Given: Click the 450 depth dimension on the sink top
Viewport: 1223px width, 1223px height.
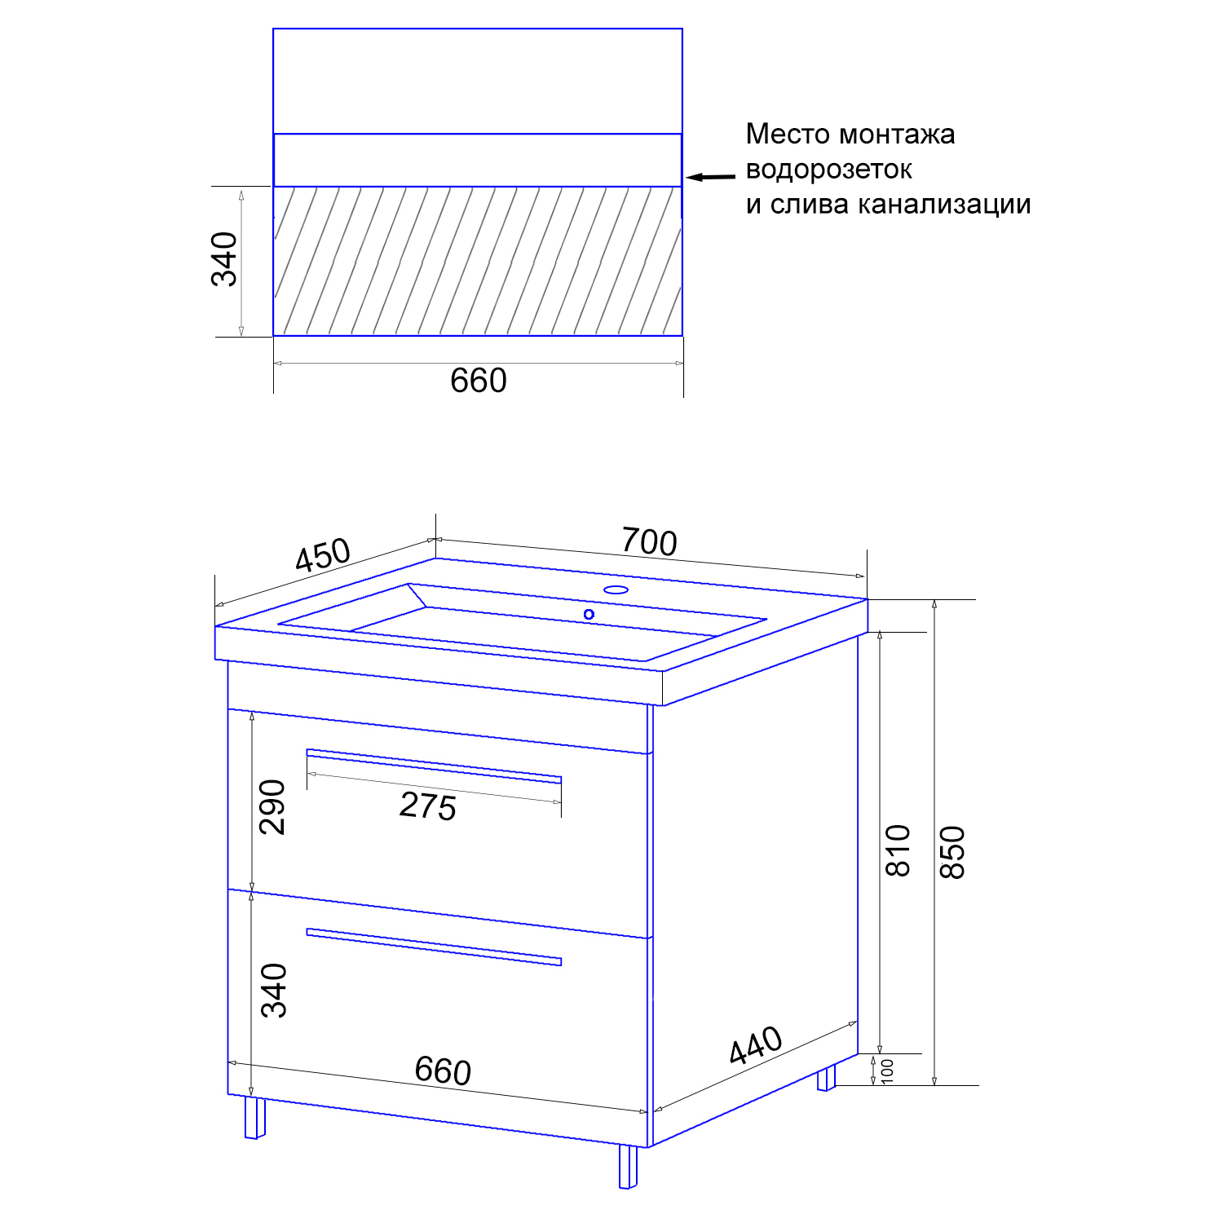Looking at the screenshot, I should [x=323, y=556].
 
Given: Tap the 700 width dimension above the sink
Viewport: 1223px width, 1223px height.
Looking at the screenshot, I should [x=649, y=541].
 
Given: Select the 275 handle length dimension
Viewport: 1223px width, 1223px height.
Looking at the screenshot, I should [x=428, y=806].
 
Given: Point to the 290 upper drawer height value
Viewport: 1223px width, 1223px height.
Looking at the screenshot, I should [x=273, y=806].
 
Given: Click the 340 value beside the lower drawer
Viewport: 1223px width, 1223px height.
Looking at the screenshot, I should [x=275, y=991].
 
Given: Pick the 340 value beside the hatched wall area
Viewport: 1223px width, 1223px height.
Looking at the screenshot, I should [x=225, y=259].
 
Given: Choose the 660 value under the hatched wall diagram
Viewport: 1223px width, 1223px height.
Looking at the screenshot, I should [x=479, y=381].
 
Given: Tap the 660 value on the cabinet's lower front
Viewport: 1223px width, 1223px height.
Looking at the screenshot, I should [x=443, y=1071].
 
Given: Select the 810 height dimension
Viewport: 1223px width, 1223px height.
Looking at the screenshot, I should [x=898, y=850].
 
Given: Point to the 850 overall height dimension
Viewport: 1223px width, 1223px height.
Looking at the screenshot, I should [x=952, y=852].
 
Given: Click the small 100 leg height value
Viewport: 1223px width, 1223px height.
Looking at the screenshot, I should [x=888, y=1071].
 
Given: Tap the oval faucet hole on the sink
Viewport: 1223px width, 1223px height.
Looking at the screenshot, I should [x=616, y=589].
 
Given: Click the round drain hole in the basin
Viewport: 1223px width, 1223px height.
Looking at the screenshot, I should [x=589, y=614].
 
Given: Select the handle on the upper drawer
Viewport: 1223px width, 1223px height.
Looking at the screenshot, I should [x=434, y=766].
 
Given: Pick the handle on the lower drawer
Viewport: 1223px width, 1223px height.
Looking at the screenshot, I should [x=434, y=947].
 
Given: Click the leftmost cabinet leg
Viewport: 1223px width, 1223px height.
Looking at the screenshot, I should [x=255, y=1117].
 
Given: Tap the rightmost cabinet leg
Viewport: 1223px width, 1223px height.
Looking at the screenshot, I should [x=827, y=1078].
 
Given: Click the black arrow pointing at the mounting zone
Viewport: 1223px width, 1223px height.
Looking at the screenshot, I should [x=710, y=176].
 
